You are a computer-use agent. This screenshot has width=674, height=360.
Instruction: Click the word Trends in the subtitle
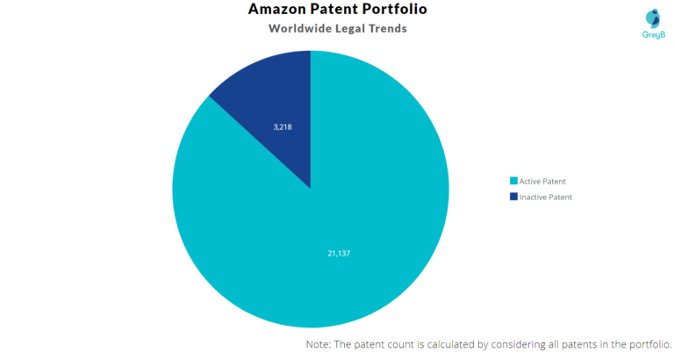pos(384,29)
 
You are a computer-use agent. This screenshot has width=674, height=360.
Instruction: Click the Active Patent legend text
pos(542,182)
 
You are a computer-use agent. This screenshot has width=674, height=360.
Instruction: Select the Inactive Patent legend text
pos(546,198)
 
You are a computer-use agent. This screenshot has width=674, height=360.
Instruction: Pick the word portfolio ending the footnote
pos(649,345)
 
